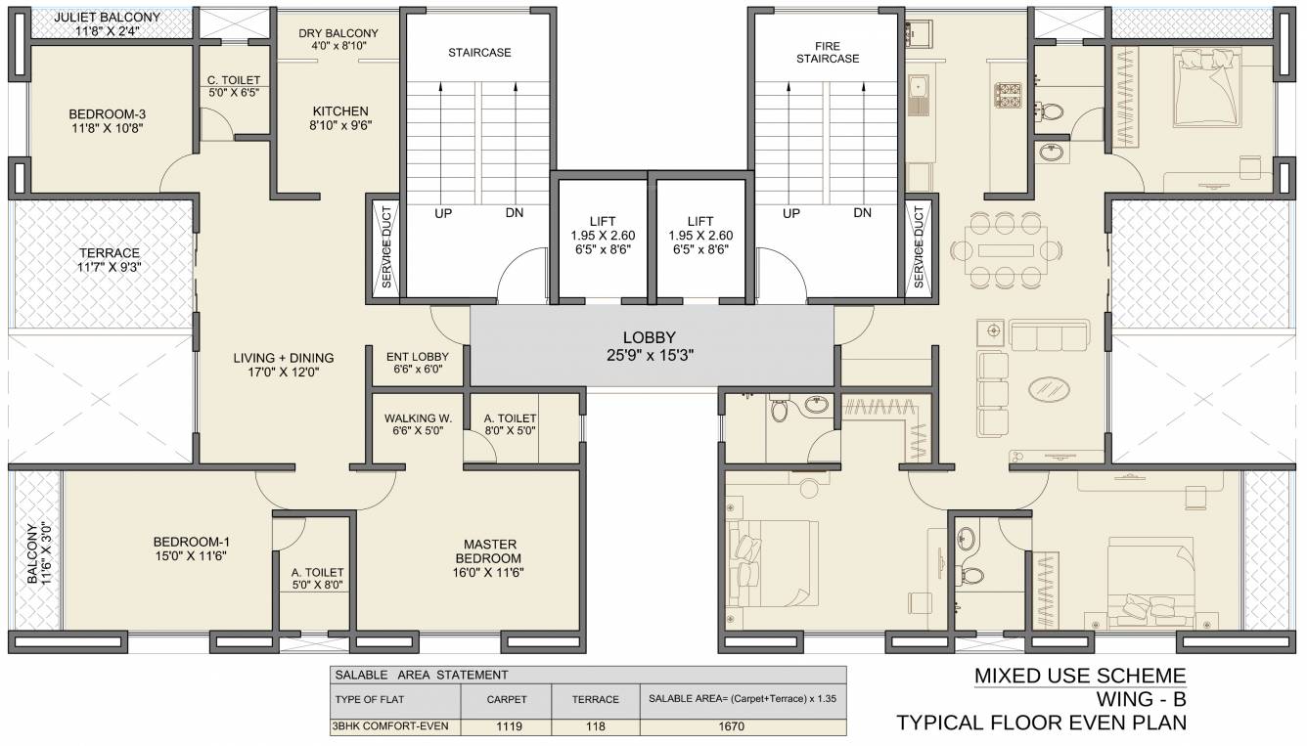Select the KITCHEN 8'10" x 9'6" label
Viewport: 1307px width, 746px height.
click(x=340, y=117)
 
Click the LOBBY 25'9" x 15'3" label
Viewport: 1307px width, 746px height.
click(x=651, y=346)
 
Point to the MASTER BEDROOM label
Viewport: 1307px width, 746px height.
click(x=490, y=558)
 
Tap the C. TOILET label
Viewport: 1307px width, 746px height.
click(x=233, y=87)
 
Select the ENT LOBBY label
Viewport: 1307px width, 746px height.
click(x=418, y=363)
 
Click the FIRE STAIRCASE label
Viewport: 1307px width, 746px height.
click(x=827, y=53)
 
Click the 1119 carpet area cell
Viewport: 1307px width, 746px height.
click(x=507, y=726)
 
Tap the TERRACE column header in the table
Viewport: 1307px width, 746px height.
click(x=596, y=699)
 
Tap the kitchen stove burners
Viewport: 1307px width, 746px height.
click(x=1008, y=95)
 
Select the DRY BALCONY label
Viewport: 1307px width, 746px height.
click(x=338, y=40)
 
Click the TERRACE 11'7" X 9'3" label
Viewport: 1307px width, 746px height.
click(x=109, y=260)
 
